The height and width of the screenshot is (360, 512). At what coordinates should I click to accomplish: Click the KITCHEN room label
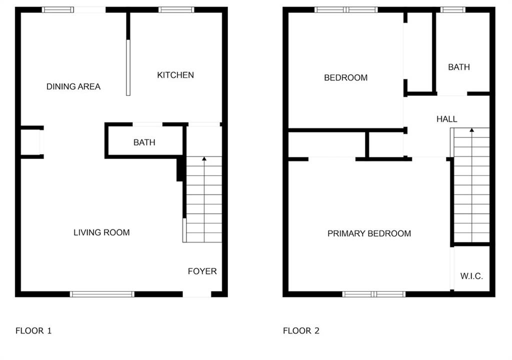pos(175,75)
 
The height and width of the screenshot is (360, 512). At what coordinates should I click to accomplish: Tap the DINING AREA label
pos(73,86)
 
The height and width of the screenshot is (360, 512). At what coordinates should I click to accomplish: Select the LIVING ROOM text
pos(101,232)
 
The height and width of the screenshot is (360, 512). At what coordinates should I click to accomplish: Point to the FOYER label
pos(202,271)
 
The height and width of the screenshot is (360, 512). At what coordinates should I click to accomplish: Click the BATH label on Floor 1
pos(144,142)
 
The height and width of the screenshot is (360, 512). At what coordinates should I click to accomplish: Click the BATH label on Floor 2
pos(459,67)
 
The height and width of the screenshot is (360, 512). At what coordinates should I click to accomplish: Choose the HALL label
pos(446,119)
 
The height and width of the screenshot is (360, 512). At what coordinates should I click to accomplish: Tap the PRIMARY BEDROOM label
pos(369,233)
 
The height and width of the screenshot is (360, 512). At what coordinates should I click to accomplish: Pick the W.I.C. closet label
pos(471,276)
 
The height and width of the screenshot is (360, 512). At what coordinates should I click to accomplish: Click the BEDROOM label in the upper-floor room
pos(346,77)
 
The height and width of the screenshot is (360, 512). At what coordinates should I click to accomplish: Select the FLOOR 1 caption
pos(33,331)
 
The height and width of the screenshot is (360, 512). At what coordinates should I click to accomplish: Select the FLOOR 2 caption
pos(301,331)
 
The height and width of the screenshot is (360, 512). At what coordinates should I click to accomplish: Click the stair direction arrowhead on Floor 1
pos(204,159)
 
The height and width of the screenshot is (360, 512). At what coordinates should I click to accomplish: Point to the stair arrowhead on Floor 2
pos(471,130)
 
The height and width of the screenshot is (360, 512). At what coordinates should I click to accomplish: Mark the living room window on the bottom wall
pos(102,294)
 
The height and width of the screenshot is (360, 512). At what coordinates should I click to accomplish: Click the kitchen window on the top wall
pos(176,10)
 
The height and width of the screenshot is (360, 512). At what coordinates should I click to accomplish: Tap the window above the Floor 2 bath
pos(452,10)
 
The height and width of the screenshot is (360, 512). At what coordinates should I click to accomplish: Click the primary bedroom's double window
pos(374,294)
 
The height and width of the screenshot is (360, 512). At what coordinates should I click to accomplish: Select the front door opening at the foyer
pos(197,294)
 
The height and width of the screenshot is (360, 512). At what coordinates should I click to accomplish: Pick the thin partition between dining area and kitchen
pos(128,67)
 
